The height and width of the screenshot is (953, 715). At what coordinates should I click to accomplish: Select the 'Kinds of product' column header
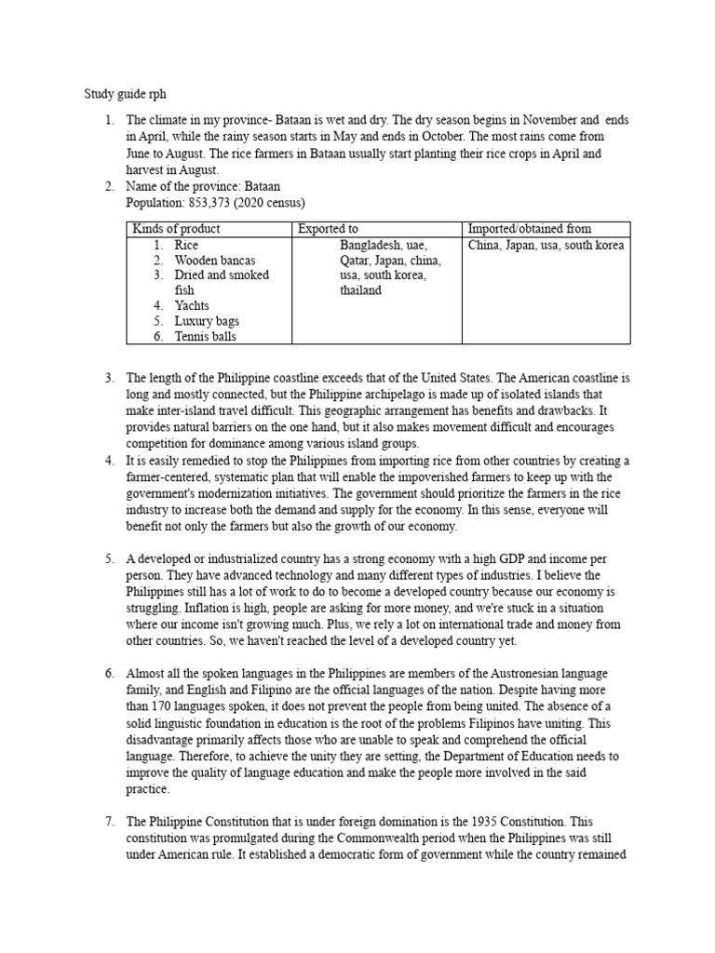177,229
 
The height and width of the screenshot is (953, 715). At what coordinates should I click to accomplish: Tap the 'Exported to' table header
328,229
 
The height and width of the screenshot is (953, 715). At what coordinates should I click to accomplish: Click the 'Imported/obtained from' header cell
529,229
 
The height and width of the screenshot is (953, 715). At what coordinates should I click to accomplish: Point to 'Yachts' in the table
192,305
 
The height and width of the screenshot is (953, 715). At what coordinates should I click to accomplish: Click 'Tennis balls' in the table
206,336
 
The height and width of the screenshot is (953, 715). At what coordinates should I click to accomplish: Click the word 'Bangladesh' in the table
370,246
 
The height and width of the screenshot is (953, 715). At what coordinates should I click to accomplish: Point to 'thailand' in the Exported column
360,290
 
